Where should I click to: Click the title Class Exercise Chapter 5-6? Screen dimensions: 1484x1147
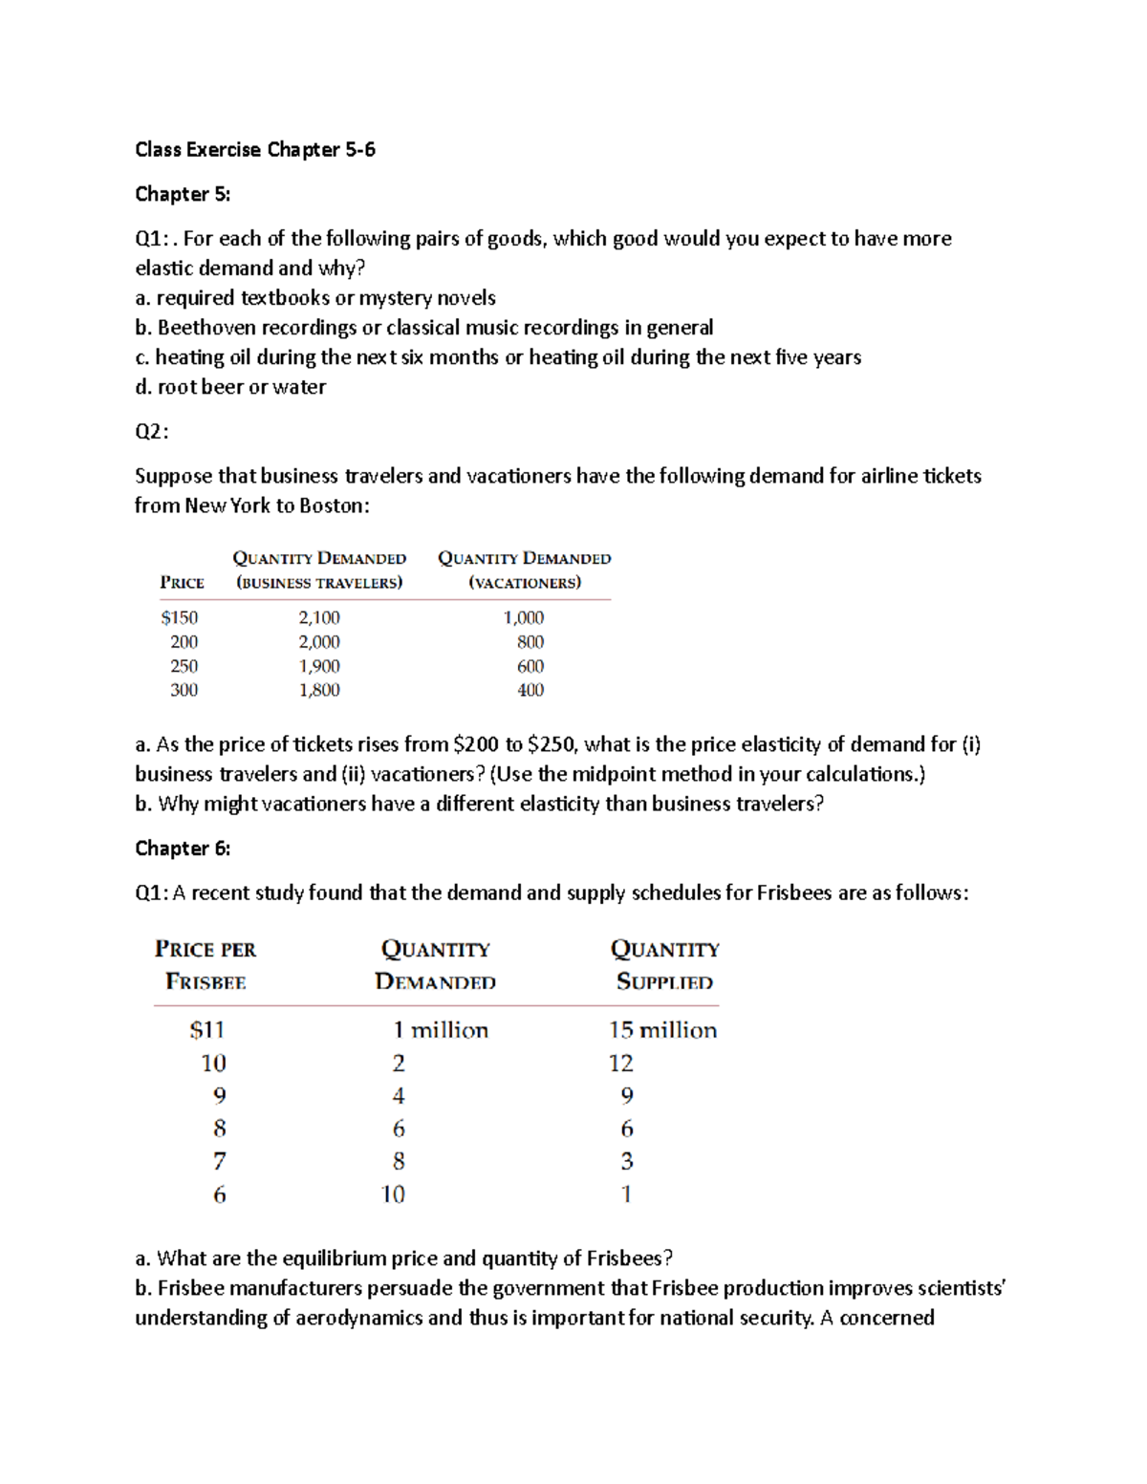coord(254,149)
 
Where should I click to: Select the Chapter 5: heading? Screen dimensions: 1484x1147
coord(183,194)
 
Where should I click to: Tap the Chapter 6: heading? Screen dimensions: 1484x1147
coord(183,849)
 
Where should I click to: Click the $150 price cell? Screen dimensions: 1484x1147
coord(180,618)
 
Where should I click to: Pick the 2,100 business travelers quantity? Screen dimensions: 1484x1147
coord(319,618)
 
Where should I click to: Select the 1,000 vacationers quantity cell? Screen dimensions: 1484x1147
coord(524,618)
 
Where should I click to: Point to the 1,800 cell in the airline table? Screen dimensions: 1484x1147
coord(319,690)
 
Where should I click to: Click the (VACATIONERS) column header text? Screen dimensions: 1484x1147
coord(525,583)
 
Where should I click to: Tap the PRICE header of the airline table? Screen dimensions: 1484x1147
coord(182,583)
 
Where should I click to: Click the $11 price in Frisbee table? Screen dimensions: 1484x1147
coord(206,1030)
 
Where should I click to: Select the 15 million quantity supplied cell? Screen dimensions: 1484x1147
coord(662,1030)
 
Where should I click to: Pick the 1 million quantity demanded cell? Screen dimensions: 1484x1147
coord(440,1030)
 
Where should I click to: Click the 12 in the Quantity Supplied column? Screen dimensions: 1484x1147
coord(621,1064)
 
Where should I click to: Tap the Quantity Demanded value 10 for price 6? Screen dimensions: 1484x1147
coord(393,1194)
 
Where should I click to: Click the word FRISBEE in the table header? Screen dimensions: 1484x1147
coord(206,982)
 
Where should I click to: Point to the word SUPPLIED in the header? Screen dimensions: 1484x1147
coord(664,982)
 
